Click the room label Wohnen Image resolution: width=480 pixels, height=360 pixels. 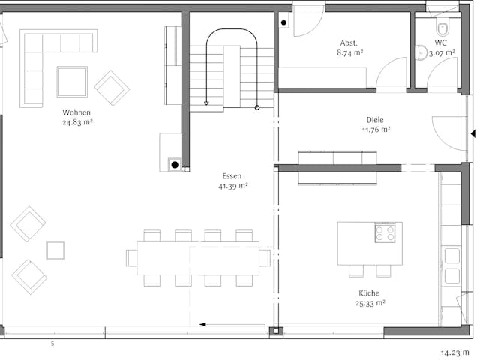point(77,112)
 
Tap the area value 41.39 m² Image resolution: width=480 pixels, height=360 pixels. point(234,185)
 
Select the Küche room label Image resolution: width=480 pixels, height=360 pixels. point(368,293)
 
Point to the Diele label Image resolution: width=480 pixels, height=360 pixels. point(374,120)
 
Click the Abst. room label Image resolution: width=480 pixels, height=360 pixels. point(349,43)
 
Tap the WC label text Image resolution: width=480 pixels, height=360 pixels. point(441,43)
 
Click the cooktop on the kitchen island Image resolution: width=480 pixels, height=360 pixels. point(385,233)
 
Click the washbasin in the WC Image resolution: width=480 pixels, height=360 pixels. point(421,52)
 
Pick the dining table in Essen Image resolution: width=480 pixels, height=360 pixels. point(198,257)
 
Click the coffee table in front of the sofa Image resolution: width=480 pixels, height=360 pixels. point(72,82)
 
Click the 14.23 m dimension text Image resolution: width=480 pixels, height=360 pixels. point(455,350)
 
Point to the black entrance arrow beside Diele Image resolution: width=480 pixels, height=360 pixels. point(472,134)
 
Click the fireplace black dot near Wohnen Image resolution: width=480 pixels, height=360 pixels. point(174,163)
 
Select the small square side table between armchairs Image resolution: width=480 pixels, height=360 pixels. point(55,250)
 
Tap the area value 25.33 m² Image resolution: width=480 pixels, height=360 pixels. point(371,303)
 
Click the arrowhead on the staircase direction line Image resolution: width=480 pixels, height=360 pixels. point(205,103)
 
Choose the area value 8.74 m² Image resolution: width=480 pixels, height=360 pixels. point(350,52)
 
